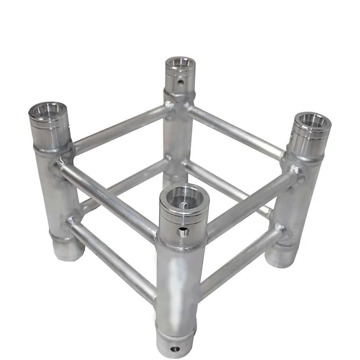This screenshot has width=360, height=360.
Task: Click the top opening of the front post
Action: tap(184, 198)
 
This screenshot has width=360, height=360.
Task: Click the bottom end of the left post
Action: tap(68, 250)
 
